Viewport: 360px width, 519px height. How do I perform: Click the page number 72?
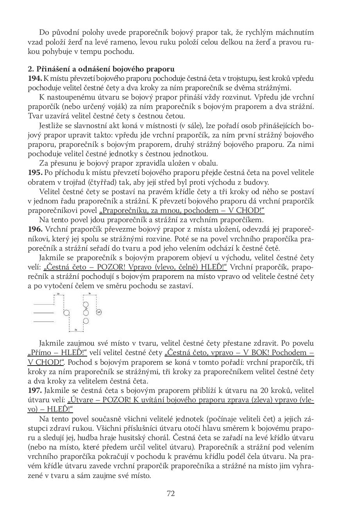pyautogui.click(x=171, y=493)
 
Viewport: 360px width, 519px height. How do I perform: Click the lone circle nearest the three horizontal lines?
pyautogui.click(x=66, y=313)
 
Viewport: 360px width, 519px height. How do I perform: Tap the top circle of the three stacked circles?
pyautogui.click(x=86, y=304)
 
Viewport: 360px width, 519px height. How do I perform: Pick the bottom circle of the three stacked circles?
pyautogui.click(x=86, y=321)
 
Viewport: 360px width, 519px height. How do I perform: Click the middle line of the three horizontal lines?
pyautogui.click(x=43, y=313)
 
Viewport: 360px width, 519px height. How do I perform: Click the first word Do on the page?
pyautogui.click(x=44, y=32)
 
